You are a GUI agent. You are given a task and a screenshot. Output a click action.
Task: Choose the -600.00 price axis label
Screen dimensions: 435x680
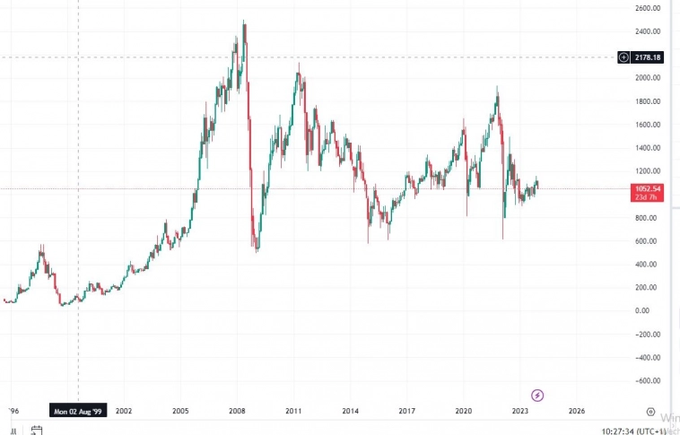point(647,380)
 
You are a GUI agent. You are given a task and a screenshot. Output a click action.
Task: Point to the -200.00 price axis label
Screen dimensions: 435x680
point(647,335)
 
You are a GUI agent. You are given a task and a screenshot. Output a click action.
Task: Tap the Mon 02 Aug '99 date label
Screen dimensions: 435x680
point(79,411)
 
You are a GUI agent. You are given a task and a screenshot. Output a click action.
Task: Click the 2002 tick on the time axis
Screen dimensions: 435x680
point(124,411)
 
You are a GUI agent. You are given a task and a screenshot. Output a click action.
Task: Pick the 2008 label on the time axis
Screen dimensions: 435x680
point(237,411)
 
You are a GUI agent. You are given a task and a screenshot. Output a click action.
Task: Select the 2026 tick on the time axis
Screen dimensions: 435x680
point(576,411)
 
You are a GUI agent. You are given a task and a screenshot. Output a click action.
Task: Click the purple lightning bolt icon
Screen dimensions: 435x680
point(537,395)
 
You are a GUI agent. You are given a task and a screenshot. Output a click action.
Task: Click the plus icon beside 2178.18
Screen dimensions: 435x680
point(623,57)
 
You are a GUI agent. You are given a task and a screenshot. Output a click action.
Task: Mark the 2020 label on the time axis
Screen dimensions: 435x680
point(463,411)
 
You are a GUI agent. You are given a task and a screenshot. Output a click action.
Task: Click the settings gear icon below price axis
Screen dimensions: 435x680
point(649,411)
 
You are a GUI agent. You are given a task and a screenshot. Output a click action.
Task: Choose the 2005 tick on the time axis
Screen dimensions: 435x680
point(180,411)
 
